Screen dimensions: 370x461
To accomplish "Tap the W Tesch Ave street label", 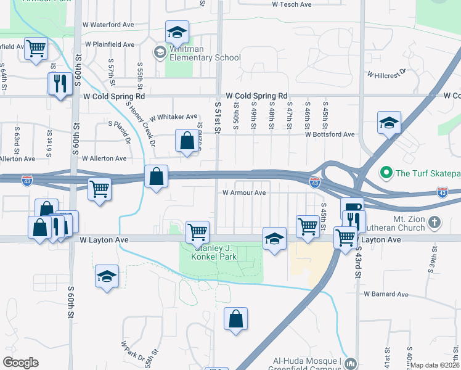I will [x=292, y=4].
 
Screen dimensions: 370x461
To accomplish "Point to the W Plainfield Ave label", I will [x=110, y=44].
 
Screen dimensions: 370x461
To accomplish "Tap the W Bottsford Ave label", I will [x=330, y=134].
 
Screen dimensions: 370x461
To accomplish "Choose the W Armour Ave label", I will [x=243, y=193].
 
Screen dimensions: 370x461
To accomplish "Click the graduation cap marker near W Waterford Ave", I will [x=177, y=31].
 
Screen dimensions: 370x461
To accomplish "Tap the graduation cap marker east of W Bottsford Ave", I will [x=390, y=123].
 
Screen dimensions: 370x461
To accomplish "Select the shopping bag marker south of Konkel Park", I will [x=235, y=319].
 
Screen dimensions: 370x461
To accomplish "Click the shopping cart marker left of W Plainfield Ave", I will [x=36, y=47].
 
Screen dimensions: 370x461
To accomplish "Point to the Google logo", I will [x=21, y=363].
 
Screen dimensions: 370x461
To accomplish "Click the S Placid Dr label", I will [x=120, y=132].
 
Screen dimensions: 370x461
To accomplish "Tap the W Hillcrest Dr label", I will [x=387, y=73].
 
